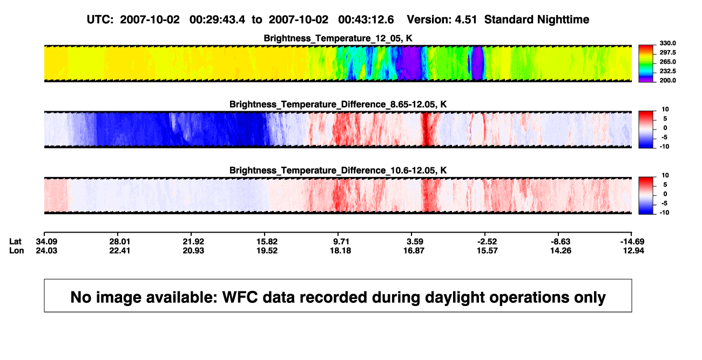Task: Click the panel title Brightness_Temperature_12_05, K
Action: click(338, 38)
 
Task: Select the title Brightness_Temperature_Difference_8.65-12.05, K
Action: click(338, 104)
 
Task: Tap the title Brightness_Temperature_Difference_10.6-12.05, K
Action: click(338, 171)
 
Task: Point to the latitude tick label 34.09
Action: click(46, 242)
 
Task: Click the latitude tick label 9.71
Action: click(341, 242)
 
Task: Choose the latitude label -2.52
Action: click(487, 242)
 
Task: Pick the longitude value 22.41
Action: click(120, 250)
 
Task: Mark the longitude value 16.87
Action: click(414, 250)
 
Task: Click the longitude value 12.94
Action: click(633, 250)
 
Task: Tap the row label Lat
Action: click(15, 242)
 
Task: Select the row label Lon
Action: click(17, 250)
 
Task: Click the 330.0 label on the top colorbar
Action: click(667, 43)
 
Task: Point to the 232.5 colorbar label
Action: click(667, 71)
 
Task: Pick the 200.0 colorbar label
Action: click(667, 80)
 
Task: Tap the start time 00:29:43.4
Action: click(217, 19)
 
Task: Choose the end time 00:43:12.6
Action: click(366, 19)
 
